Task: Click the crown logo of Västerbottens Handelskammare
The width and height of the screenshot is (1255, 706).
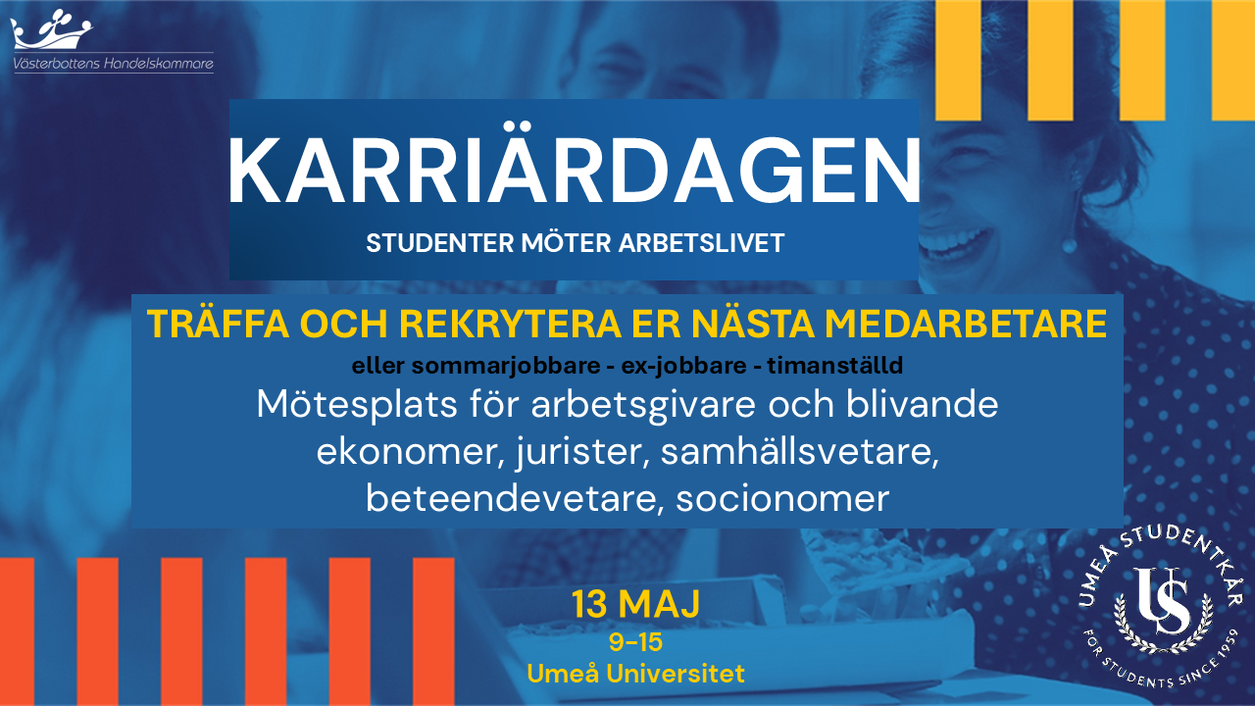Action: coord(51,29)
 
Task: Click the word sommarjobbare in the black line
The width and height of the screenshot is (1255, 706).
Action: coord(506,367)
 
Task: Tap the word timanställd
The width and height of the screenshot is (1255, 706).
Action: coord(834,366)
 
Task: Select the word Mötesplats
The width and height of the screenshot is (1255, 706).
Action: coord(356,405)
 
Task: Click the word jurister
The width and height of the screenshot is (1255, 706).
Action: coord(582,453)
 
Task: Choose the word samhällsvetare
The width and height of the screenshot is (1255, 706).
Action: coord(799,452)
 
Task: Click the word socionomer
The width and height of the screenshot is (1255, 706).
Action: coord(782,499)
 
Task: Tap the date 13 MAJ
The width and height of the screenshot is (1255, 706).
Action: coord(636,603)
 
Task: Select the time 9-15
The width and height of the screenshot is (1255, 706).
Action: coord(636,642)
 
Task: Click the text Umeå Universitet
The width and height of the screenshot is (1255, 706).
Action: coord(636,674)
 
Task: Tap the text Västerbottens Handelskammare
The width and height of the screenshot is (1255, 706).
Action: coord(113,64)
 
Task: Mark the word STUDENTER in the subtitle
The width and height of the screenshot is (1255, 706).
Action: coord(440,243)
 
